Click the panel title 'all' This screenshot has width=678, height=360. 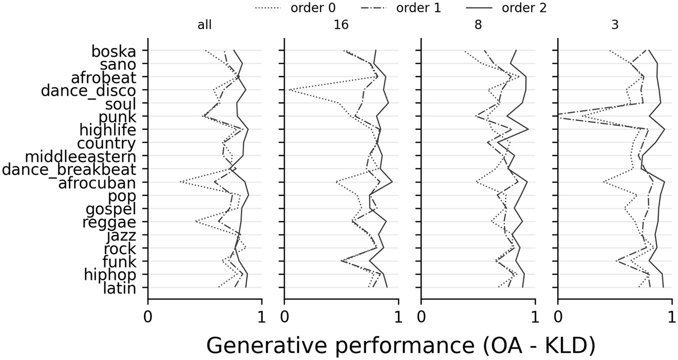(204, 26)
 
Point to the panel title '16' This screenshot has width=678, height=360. (341, 26)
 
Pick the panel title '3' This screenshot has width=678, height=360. (615, 26)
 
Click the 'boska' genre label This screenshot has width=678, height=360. (113, 51)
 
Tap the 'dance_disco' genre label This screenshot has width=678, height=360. (89, 90)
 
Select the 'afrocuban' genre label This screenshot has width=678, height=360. (97, 183)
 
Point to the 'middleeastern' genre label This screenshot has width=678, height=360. (80, 157)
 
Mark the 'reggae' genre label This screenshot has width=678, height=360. (109, 222)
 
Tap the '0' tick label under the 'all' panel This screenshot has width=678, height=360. (148, 317)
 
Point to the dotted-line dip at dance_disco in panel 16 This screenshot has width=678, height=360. (289, 90)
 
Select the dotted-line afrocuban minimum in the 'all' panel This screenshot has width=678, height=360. (180, 182)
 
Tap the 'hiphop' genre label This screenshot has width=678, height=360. (110, 275)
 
